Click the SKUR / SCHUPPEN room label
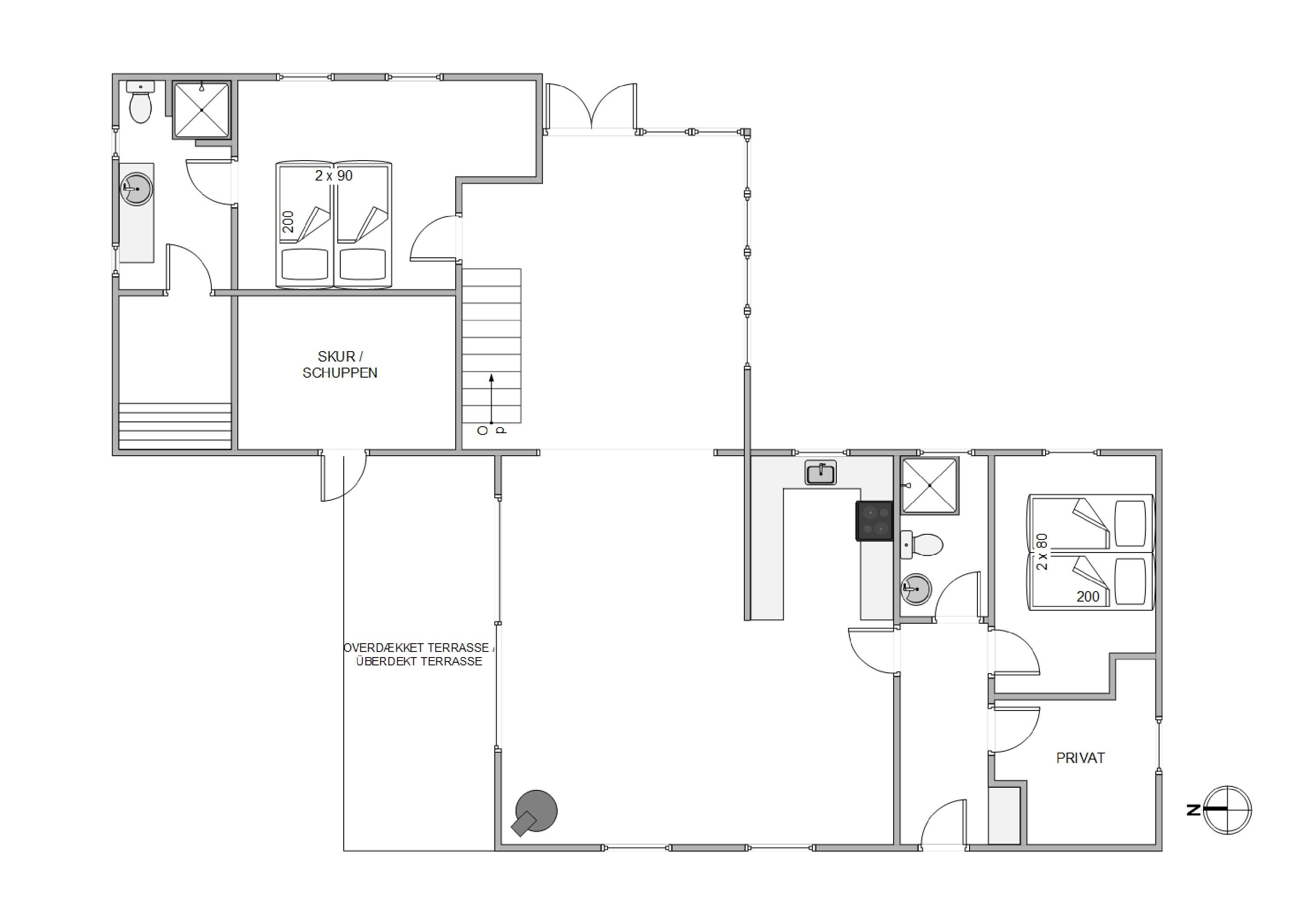tap(340, 365)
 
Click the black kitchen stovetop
tap(874, 520)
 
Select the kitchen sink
tap(821, 473)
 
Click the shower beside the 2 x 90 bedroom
tap(202, 110)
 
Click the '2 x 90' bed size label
tap(334, 175)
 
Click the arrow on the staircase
tap(491, 399)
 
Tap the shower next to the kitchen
tap(929, 486)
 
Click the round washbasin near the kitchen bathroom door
tap(916, 589)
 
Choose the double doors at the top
tap(591, 109)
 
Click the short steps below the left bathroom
tap(175, 426)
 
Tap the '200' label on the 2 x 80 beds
tap(1088, 596)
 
